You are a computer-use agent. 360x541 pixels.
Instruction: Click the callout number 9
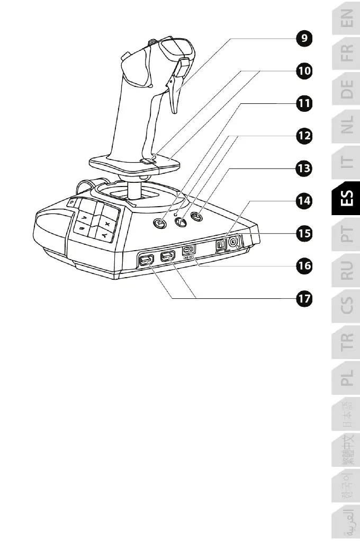click(x=303, y=39)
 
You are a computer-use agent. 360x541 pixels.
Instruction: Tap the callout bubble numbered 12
click(x=303, y=136)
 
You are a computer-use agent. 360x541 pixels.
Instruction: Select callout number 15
click(x=303, y=233)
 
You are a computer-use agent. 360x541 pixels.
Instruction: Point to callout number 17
click(x=303, y=299)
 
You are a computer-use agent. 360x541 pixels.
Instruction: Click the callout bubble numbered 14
click(x=303, y=201)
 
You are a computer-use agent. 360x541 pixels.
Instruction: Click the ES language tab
click(x=346, y=201)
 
